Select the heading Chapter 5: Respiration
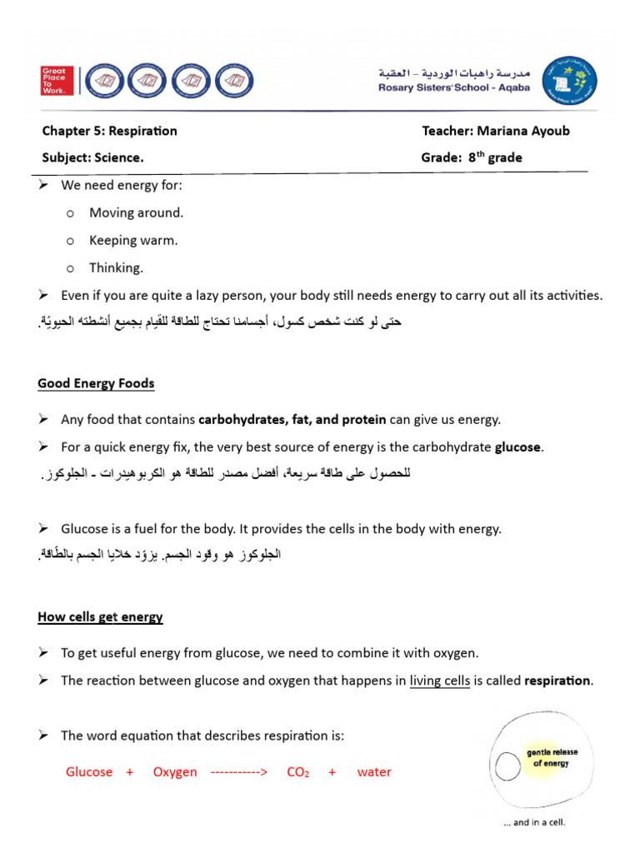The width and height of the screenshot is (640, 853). point(110,131)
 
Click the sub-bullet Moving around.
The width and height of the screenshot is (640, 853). point(136,212)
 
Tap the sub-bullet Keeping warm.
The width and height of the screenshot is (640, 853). point(133,240)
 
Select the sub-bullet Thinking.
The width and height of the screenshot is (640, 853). point(117,267)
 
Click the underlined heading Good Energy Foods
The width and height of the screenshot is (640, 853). point(96,384)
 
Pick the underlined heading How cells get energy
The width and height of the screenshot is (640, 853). point(100,617)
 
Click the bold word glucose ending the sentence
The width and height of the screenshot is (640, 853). point(518,447)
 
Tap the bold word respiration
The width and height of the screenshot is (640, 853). point(557,681)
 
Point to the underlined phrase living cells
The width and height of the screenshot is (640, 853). point(440,681)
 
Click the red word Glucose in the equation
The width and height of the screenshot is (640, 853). point(89,772)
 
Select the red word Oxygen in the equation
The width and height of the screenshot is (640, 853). point(175,772)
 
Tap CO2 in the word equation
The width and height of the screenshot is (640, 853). point(297,772)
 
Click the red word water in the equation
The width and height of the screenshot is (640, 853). point(374,772)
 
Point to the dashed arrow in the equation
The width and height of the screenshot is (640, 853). point(239,772)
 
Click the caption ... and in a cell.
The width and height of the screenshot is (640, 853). point(534,823)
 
